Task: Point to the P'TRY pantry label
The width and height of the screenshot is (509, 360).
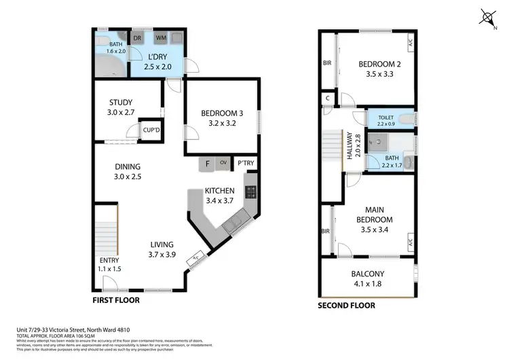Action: [x=244, y=163]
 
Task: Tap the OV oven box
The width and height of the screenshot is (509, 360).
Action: [x=223, y=163]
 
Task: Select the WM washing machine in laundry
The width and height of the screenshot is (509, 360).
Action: [x=162, y=38]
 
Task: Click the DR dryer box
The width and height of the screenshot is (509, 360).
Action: [x=136, y=38]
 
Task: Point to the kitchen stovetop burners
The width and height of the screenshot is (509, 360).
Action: [x=250, y=192]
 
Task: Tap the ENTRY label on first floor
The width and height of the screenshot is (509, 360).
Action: [x=109, y=260]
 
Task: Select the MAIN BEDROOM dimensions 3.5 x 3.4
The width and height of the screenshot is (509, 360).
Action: [x=375, y=229]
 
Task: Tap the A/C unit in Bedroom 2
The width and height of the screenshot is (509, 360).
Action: [x=410, y=43]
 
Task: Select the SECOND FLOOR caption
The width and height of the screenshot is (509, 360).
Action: [x=346, y=306]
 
